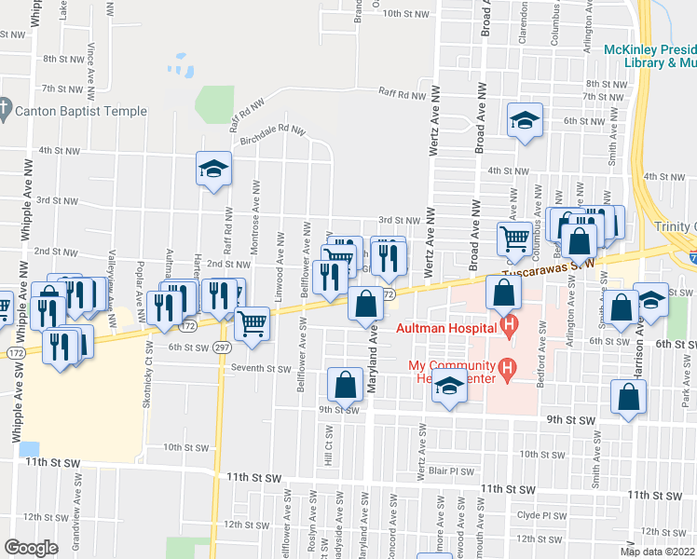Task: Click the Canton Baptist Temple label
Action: click(82, 112)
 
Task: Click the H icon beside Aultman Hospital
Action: click(509, 326)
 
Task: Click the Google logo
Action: click(31, 548)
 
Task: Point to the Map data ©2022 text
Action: click(657, 552)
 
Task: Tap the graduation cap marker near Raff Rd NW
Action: click(214, 169)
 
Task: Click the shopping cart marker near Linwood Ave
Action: click(253, 323)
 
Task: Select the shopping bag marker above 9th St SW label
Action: click(345, 384)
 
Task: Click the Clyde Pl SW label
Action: click(541, 514)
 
